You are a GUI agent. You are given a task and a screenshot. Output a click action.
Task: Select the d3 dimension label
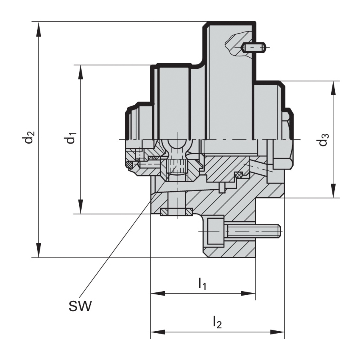point(324,140)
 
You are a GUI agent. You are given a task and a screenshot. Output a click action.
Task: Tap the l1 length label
point(202,284)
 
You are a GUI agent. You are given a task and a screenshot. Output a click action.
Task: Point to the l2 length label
point(217,321)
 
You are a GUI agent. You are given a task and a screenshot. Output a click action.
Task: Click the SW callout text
point(79,307)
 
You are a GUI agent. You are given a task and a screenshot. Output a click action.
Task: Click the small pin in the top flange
point(254,48)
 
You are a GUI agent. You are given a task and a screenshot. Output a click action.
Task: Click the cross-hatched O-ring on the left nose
point(129,164)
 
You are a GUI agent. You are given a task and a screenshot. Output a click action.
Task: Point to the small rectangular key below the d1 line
point(176,211)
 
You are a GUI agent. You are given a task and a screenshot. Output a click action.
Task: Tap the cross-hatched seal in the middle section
point(238,174)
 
